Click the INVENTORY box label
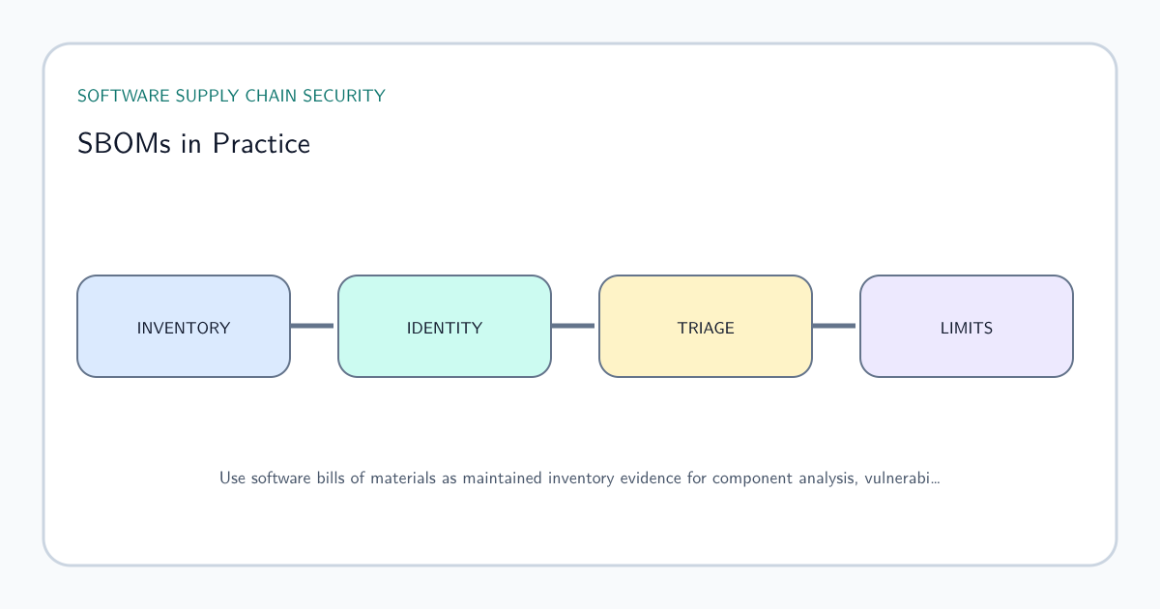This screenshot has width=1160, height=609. pos(184,328)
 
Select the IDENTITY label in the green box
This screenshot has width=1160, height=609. pos(445,328)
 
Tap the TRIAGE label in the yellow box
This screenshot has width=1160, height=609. pos(706,328)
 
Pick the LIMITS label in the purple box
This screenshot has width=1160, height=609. pos(967,328)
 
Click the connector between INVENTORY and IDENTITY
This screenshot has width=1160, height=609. pos(311,326)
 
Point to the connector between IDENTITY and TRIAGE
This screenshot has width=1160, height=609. pos(572,326)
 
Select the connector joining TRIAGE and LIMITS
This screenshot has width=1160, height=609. pos(833,326)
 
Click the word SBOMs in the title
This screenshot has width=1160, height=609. pos(124,143)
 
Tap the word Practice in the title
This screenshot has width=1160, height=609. pos(261,143)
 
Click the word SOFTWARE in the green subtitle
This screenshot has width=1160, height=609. pos(124,96)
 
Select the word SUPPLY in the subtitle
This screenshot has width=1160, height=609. pos(207,96)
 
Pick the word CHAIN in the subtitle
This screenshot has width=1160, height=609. pos(271,96)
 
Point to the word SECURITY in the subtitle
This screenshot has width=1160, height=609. pos(344,96)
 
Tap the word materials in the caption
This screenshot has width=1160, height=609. pos(403,478)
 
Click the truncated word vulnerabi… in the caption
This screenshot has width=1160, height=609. pos(902,478)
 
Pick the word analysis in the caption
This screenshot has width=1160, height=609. pos(828,478)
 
